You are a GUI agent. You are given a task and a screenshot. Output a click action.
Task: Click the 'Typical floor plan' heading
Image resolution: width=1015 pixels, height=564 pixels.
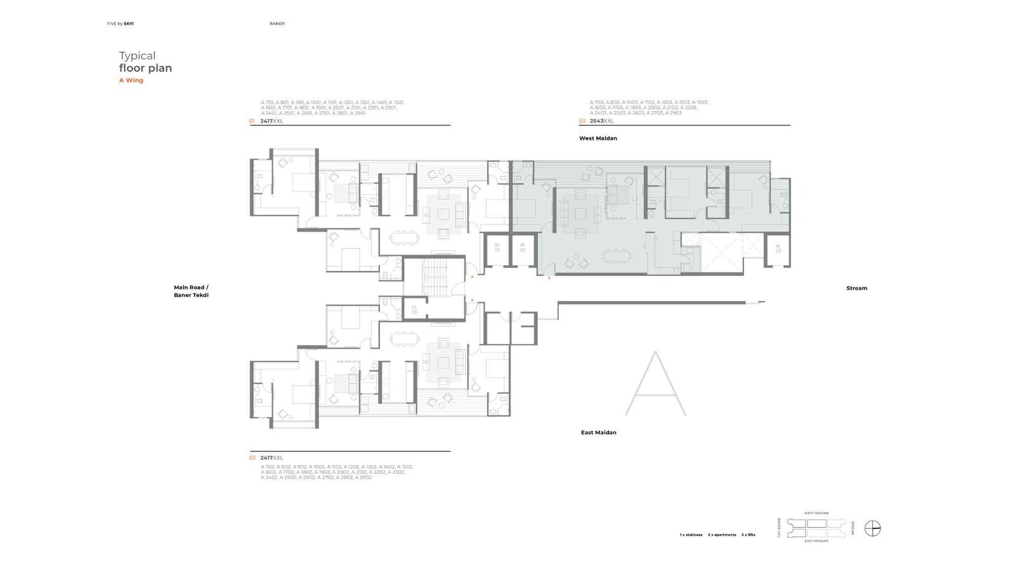[x=145, y=62]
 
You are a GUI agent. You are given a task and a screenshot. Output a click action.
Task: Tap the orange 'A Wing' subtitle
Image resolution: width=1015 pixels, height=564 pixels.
[x=131, y=81]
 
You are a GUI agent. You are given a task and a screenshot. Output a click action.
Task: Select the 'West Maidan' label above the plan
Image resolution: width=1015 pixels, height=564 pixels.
[x=598, y=138]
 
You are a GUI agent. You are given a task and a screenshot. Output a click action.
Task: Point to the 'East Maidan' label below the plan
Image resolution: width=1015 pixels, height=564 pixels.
[x=598, y=433]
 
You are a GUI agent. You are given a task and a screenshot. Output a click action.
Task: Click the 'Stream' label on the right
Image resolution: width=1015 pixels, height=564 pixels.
[x=856, y=288]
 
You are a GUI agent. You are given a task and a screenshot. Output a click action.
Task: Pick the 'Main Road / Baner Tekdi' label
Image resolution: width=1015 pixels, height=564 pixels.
[x=191, y=291]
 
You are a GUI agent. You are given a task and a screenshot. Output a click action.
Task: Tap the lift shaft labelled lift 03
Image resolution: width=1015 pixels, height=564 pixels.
[x=778, y=249]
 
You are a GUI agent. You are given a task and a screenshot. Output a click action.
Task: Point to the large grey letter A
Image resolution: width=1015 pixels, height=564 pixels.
[x=655, y=384]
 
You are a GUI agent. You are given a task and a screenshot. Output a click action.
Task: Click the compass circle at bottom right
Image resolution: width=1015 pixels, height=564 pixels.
[x=873, y=528]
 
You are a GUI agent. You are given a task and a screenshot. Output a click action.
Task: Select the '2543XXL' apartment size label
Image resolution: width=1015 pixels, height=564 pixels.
[x=601, y=121]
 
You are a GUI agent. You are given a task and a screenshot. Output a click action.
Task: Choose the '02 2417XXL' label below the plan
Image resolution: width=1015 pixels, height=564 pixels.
[x=266, y=457]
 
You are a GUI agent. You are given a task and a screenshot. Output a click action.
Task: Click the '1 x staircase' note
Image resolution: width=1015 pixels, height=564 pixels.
[x=691, y=535]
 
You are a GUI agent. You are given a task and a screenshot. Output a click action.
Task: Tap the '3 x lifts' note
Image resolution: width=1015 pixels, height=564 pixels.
[x=748, y=535]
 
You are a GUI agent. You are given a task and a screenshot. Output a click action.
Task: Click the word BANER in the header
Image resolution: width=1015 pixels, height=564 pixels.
[x=277, y=23]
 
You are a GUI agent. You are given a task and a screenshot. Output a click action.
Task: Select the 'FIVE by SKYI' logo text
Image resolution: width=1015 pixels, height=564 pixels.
[x=121, y=23]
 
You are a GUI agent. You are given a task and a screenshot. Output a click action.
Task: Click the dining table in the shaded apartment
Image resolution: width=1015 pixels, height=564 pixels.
[x=615, y=256]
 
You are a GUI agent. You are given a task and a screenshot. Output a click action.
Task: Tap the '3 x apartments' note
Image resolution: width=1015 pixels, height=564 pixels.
[x=722, y=535]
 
